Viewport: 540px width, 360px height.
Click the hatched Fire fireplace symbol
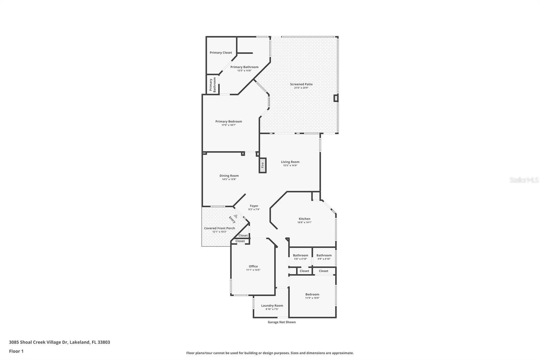[263, 165]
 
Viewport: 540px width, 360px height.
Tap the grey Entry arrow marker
[235, 216]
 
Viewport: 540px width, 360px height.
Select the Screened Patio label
[301, 84]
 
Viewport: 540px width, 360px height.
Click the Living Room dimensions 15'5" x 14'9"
[290, 165]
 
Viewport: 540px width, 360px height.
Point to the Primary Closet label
[221, 53]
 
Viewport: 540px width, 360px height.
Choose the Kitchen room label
[304, 219]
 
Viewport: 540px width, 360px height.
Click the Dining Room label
[229, 176]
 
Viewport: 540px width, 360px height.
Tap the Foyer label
[254, 206]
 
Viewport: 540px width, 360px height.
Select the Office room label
[253, 266]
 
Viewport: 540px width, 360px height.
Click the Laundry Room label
[272, 306]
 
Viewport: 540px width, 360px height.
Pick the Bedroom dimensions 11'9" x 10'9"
[312, 298]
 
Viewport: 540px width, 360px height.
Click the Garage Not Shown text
[281, 322]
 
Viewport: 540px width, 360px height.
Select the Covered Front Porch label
[219, 228]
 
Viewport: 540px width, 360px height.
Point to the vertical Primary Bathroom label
[212, 85]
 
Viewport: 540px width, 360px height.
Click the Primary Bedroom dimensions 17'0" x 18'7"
[228, 125]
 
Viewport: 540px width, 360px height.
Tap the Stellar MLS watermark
[524, 180]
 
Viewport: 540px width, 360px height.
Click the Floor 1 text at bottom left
[16, 351]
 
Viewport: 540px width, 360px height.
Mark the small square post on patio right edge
[335, 98]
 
